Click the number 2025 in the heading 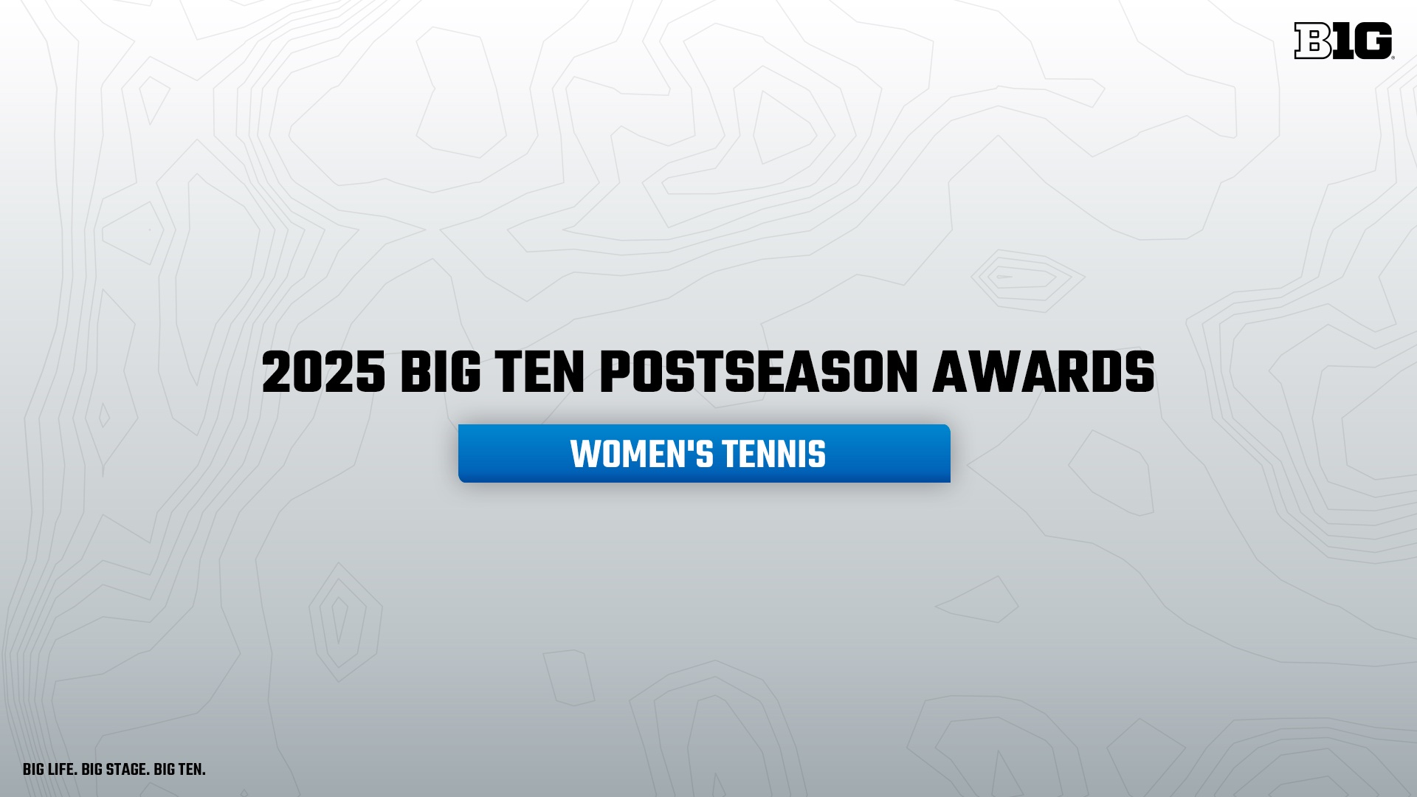click(323, 373)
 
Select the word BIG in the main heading click(441, 373)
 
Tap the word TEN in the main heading click(539, 373)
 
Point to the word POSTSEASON click(759, 373)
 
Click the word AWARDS click(1044, 373)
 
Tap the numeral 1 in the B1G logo click(1343, 41)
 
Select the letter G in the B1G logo click(1373, 41)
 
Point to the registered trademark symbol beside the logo click(1393, 57)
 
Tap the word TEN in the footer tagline click(191, 770)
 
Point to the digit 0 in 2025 click(308, 373)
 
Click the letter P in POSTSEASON click(614, 373)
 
